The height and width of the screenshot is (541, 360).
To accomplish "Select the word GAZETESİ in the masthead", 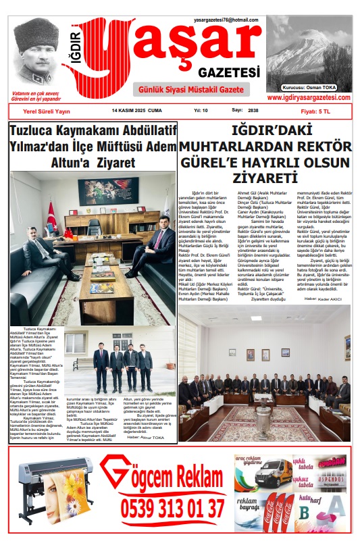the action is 229,72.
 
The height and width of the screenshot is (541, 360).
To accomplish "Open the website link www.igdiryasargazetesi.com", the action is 309,97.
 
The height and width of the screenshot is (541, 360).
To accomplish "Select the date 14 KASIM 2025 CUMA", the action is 137,109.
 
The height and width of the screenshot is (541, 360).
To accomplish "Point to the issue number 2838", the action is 253,109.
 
